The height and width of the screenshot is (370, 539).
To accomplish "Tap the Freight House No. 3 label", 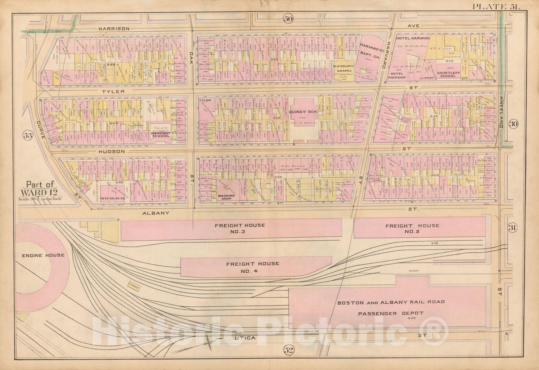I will pyautogui.click(x=240, y=229).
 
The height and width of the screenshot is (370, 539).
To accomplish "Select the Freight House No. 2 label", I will pyautogui.click(x=412, y=229).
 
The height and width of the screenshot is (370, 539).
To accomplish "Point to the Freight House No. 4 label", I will pyautogui.click(x=252, y=267).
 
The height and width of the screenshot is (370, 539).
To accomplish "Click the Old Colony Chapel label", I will pyautogui.click(x=343, y=69).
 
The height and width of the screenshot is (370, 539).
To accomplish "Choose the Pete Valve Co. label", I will pyautogui.click(x=113, y=199).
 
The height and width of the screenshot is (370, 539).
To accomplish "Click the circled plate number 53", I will pyautogui.click(x=28, y=136).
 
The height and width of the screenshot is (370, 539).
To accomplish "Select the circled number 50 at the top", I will pyautogui.click(x=288, y=19).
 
